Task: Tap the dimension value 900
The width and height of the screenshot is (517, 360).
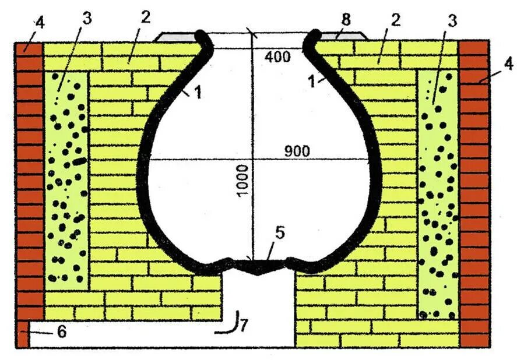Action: coord(297,150)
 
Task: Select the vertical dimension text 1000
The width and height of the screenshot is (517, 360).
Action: coord(243,180)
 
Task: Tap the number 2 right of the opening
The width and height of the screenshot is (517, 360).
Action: coord(395,21)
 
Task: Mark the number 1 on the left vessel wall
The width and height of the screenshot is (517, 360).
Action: coord(198,93)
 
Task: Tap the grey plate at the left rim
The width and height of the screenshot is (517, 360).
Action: coord(175,36)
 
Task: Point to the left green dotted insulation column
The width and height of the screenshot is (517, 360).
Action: coord(65,181)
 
